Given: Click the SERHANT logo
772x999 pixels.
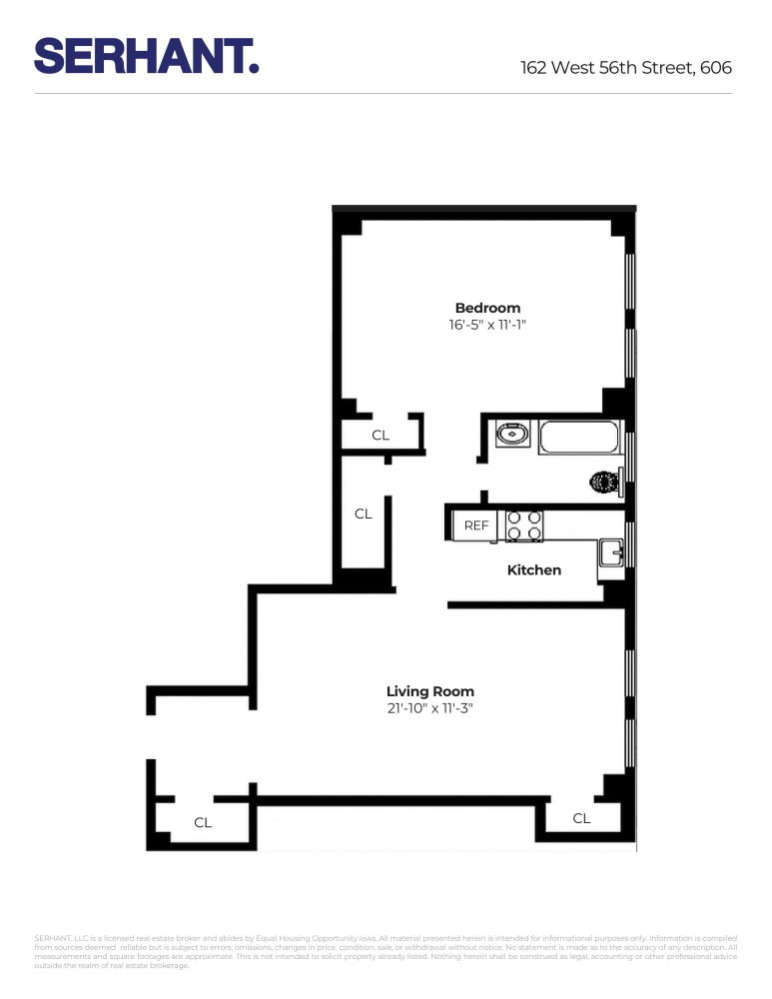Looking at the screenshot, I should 147,55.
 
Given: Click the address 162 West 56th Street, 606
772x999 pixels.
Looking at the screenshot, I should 625,68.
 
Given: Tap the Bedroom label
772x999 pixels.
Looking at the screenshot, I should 487,308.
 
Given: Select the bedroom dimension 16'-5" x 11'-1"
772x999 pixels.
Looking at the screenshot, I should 487,326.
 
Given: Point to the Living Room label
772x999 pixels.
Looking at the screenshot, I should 429,691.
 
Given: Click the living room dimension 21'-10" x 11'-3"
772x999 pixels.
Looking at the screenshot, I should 429,709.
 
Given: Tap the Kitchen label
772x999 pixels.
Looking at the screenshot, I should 534,570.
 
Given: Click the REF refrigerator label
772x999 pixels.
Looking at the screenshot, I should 476,525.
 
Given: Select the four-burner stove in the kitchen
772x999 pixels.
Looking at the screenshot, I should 524,526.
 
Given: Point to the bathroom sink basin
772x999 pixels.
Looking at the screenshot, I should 512,435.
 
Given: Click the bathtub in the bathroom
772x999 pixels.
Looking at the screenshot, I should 579,437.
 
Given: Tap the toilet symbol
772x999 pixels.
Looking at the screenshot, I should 605,483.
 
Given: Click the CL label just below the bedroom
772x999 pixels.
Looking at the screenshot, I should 381,436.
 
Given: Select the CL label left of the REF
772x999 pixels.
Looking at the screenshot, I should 364,514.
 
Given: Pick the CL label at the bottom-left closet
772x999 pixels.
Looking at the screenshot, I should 203,823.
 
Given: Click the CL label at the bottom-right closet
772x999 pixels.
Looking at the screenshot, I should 581,819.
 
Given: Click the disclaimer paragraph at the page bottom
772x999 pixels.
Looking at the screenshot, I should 386,952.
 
